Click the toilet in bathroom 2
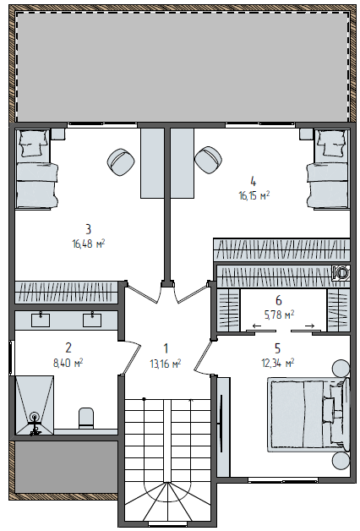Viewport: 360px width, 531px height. point(86,417)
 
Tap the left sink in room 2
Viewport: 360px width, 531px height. point(41,320)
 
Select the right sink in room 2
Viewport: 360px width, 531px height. point(92,320)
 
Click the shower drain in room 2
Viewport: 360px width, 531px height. point(34,416)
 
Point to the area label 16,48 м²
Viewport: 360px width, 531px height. point(89,244)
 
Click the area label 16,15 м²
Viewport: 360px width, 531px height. point(254,195)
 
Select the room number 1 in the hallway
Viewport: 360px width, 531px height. point(166,348)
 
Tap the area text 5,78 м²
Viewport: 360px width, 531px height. point(279,315)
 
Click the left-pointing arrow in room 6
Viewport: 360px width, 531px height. point(257,326)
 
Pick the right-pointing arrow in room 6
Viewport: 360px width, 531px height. point(309,326)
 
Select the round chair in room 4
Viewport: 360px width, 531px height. point(209,160)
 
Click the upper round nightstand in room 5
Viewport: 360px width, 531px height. point(341,369)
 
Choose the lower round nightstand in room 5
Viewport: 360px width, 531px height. point(341,460)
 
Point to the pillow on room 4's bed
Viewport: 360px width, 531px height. point(331,144)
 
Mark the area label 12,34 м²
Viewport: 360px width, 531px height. point(278,364)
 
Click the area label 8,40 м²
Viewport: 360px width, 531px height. point(68,364)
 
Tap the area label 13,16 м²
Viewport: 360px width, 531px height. point(166,364)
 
